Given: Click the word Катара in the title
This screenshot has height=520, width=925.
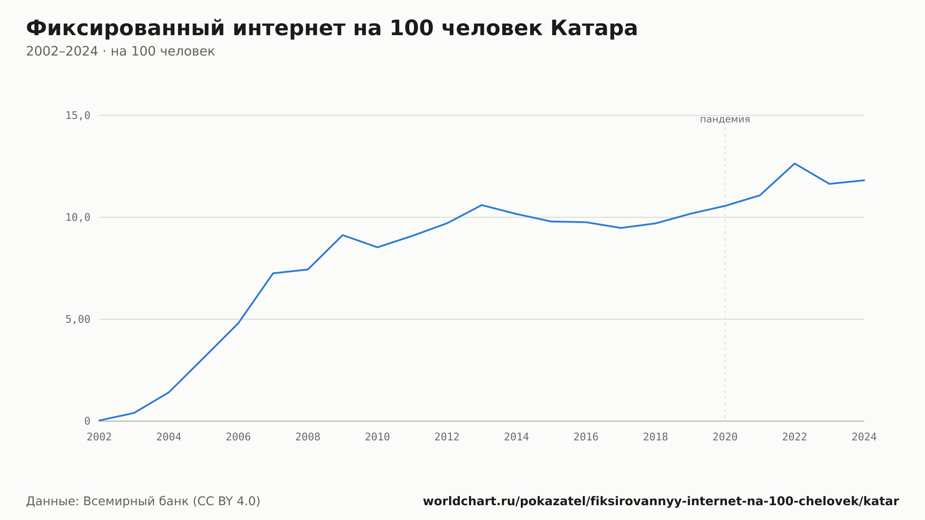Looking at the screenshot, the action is point(594,29).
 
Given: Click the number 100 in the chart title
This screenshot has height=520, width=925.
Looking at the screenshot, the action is point(412,29).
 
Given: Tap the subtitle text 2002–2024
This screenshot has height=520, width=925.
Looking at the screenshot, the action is point(62,51).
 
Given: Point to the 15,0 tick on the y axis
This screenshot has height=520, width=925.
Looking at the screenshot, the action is point(78,116).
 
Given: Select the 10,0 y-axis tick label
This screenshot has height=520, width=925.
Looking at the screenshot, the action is point(78,217).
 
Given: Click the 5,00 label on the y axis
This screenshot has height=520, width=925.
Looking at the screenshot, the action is point(78,319).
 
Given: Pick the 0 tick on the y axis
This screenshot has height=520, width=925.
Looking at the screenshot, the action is point(87,421).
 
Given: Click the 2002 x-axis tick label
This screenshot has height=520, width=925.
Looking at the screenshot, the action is point(99,437).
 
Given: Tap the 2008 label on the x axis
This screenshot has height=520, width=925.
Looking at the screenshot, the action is point(308,437).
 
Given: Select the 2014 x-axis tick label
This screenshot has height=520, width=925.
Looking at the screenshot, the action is point(517,437).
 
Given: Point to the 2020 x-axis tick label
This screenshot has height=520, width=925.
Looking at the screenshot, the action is point(725,437).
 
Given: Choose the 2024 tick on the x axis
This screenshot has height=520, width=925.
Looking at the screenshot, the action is point(864,437).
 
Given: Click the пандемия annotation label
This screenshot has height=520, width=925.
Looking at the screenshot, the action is point(725,119).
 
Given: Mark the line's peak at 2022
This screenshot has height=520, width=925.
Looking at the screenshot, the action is point(795,163).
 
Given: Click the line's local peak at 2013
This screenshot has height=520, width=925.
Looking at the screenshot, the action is point(482,205).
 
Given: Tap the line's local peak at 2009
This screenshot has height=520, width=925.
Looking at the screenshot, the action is point(343,235).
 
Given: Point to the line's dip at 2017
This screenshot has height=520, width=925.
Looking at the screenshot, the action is point(621,228).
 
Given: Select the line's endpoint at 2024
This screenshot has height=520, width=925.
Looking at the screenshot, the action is point(864,180).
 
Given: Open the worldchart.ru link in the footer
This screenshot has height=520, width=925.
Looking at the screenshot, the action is point(661,501).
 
